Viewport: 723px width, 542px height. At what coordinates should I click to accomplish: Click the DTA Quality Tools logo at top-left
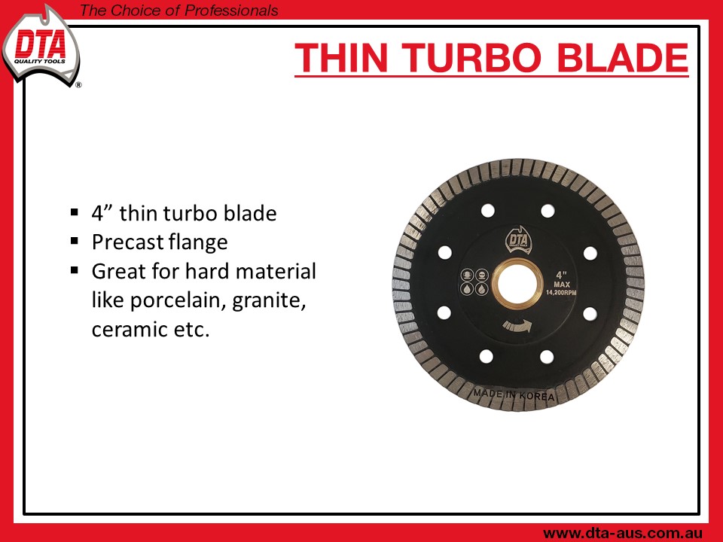pyautogui.click(x=41, y=45)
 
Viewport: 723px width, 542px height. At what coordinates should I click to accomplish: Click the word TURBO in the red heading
pyautogui.click(x=474, y=58)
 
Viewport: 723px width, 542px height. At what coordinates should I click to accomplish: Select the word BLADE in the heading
pyautogui.click(x=623, y=58)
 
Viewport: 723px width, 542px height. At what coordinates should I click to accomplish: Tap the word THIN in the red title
pyautogui.click(x=341, y=58)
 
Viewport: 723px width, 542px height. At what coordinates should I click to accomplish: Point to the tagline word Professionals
pyautogui.click(x=231, y=10)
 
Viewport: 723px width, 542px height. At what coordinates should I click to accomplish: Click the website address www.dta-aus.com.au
pyautogui.click(x=623, y=533)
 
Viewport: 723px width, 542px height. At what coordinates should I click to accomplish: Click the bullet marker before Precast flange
pyautogui.click(x=75, y=241)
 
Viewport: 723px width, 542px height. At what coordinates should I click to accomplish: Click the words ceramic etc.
pyautogui.click(x=151, y=329)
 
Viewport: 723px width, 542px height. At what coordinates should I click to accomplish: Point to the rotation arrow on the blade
pyautogui.click(x=517, y=326)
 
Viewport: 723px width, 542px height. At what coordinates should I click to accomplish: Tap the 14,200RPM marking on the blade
pyautogui.click(x=561, y=293)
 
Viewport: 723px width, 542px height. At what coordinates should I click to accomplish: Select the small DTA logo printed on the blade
pyautogui.click(x=518, y=239)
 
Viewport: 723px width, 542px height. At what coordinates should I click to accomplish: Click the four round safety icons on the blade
pyautogui.click(x=475, y=282)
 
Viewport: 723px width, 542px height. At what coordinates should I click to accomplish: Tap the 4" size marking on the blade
pyautogui.click(x=561, y=276)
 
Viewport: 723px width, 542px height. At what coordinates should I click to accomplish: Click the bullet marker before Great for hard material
pyautogui.click(x=75, y=269)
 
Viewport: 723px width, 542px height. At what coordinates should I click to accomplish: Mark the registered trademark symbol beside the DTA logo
pyautogui.click(x=78, y=85)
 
